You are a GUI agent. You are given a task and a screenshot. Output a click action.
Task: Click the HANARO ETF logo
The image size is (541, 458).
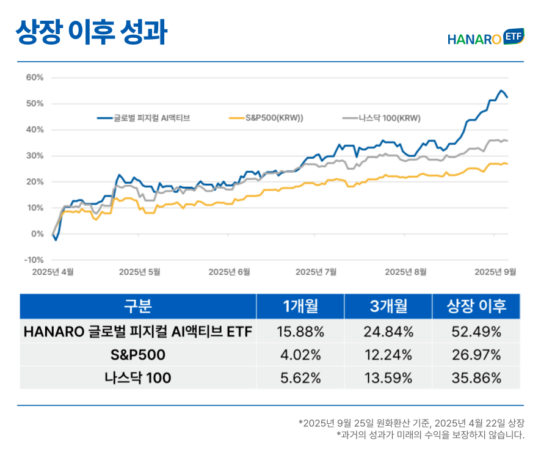pos(485,38)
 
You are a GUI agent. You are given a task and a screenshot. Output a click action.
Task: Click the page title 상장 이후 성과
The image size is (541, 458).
pos(91,33)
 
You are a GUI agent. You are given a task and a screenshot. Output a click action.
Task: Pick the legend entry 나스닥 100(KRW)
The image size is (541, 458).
pos(381,118)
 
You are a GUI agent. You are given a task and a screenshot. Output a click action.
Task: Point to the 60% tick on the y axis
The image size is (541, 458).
pos(35,78)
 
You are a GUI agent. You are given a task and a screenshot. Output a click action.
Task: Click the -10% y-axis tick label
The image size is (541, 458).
pos(34,260)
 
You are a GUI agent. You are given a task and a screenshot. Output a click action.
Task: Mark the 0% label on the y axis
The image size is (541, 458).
pos(37,234)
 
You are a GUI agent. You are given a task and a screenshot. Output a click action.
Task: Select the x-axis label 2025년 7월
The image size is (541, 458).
pos(316,272)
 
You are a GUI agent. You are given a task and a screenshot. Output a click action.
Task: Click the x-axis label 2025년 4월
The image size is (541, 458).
pos(53,272)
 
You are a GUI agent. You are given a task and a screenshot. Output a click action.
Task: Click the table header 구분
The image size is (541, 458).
pos(138,306)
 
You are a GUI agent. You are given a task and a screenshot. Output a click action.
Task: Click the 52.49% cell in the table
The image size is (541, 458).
pos(476,332)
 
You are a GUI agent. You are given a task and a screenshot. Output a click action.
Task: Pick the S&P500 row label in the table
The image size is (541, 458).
pos(138,355)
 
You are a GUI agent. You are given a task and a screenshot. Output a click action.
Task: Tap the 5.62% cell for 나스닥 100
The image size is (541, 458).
pos(300,378)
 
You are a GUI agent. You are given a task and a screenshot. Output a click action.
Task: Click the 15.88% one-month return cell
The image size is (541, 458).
pos(300,332)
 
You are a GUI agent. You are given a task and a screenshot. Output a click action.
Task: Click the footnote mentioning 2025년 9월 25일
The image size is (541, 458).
pos(411,423)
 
